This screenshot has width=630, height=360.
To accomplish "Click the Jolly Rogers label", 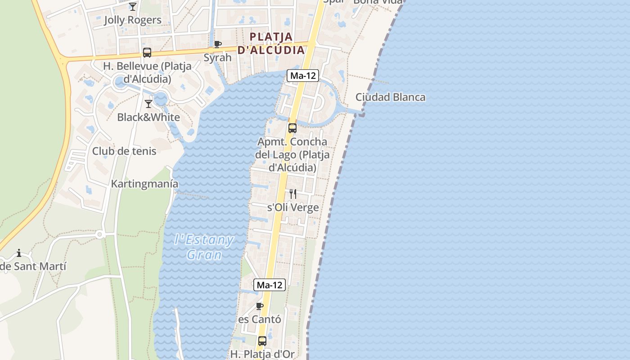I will [133, 20].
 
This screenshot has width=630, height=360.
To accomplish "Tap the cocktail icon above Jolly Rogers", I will [133, 6].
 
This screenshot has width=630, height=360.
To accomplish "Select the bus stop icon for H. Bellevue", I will [147, 53].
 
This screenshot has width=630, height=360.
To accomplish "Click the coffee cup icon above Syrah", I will [218, 44].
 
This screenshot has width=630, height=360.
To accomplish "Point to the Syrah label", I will [218, 58].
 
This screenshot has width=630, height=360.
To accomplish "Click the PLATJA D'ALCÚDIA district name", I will [271, 43].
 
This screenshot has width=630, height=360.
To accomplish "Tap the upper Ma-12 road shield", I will [303, 76].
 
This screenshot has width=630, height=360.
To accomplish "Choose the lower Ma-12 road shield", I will [270, 285].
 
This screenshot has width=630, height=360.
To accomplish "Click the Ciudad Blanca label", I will [390, 97].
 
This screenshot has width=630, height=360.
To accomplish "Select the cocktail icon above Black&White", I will [148, 104].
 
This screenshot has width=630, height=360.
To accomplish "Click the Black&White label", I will [148, 117].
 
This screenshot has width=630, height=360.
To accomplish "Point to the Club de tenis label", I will [124, 151].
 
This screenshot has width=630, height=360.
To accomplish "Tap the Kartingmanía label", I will [144, 184].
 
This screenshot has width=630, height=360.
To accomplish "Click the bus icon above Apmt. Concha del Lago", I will [292, 128].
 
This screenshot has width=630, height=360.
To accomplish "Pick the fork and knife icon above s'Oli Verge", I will [293, 194].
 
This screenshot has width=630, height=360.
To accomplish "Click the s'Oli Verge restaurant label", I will [293, 207].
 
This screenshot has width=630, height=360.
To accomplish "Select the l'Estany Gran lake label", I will [204, 247].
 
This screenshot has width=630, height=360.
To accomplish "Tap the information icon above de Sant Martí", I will [19, 253].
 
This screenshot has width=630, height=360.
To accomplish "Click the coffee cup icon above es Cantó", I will [260, 306].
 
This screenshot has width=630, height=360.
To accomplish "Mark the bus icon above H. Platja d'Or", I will [262, 341].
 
